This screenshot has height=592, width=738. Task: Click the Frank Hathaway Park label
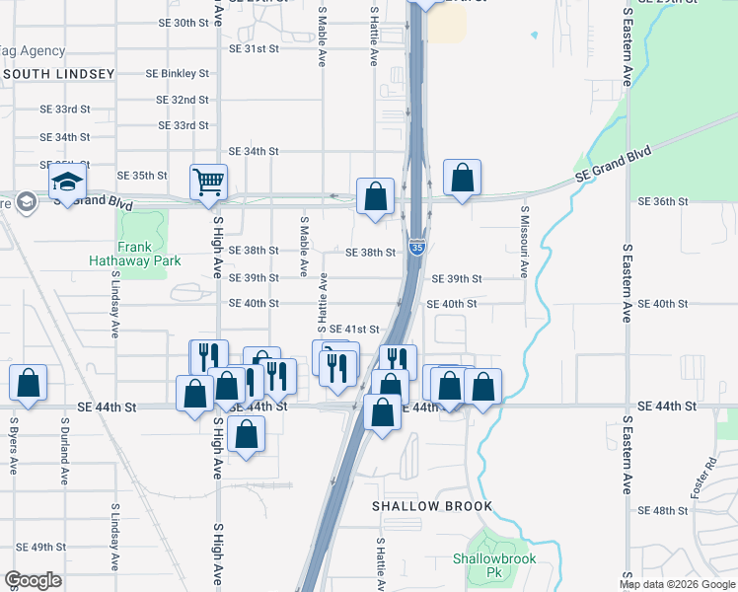click(135, 254)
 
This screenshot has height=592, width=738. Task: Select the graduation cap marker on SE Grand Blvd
click(68, 183)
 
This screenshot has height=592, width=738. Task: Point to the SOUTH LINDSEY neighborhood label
click(59, 74)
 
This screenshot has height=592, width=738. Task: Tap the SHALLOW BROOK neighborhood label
click(431, 506)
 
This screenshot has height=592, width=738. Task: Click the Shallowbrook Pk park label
click(493, 564)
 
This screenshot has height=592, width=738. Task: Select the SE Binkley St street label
click(178, 73)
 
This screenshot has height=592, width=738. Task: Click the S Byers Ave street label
click(14, 447)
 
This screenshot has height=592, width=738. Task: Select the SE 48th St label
click(662, 511)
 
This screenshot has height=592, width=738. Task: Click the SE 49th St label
click(40, 547)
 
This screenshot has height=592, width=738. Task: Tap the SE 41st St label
click(354, 329)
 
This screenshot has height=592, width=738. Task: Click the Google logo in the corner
click(33, 580)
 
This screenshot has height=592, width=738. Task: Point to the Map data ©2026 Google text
click(676, 584)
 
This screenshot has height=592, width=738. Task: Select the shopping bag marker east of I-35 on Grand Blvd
click(462, 179)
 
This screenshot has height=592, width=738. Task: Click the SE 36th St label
click(662, 201)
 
